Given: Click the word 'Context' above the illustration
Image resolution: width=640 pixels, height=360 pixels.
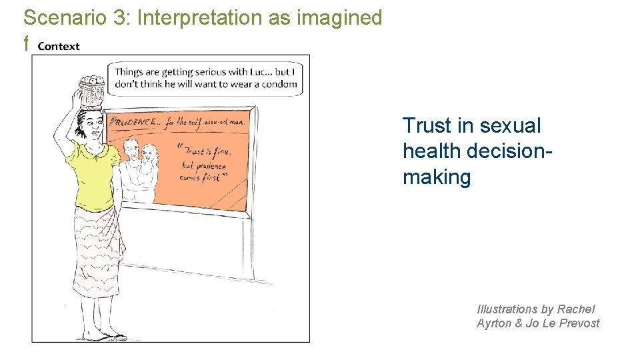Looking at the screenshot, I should pos(59,46).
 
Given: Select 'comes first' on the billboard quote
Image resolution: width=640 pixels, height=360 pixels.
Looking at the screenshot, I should pos(203,177).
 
